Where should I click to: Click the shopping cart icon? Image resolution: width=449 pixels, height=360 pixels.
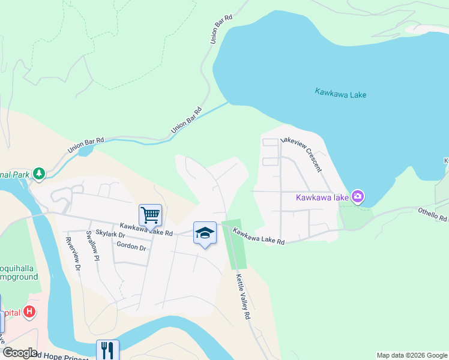tap(150, 214)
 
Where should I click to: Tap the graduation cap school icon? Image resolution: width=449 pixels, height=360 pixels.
tap(205, 233)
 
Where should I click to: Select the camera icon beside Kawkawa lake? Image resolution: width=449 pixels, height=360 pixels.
tap(358, 196)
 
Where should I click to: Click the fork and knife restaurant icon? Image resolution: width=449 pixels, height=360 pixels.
tap(107, 350)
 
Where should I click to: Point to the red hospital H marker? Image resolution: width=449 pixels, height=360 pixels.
tap(29, 313)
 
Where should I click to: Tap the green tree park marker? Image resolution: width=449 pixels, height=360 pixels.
tap(39, 173)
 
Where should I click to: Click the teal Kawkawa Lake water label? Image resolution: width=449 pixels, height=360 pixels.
tap(340, 94)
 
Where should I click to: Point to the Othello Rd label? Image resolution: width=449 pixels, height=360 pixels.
tap(432, 214)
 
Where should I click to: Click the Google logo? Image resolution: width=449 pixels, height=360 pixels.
tap(19, 353)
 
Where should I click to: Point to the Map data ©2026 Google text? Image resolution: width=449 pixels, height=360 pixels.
tap(412, 355)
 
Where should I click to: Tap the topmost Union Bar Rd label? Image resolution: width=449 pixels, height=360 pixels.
tap(221, 29)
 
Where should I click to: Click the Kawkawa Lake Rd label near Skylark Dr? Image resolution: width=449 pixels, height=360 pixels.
tap(146, 229)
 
